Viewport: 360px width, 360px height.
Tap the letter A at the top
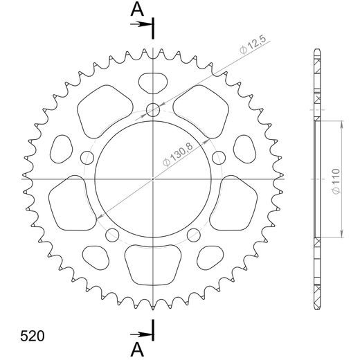click(x=138, y=9)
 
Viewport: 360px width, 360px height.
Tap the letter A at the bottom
click(x=138, y=348)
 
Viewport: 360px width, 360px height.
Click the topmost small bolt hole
click(x=153, y=109)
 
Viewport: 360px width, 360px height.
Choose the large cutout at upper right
click(x=205, y=111)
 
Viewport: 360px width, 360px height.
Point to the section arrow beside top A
click(x=144, y=24)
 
